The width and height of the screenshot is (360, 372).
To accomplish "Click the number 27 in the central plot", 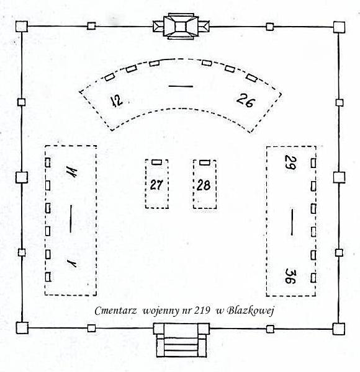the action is point(156,185).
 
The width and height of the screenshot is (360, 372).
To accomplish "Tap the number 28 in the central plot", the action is point(204,185).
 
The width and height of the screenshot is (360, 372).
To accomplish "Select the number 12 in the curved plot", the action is point(117,101).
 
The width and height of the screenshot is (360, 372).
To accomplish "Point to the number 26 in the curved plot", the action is point(246,100).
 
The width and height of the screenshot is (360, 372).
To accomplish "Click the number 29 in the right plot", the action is point(290,162).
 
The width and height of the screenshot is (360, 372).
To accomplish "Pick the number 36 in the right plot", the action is point(290,276).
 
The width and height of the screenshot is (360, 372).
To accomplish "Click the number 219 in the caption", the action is point(202,310).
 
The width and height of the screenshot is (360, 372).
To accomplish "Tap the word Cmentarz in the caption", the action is point(115,311).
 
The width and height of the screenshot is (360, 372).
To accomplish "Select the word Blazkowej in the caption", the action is point(251,311).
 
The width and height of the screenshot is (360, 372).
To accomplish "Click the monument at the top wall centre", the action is point(181,26).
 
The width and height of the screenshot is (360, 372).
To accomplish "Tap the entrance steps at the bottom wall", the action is point(181,340).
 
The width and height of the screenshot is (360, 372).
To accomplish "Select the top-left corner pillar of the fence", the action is point(22,26).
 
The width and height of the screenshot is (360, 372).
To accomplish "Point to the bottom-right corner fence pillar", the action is point(338,329).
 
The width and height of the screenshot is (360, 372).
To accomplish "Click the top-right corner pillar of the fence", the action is point(339,27).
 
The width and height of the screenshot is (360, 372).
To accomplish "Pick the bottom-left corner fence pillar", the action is point(22,328).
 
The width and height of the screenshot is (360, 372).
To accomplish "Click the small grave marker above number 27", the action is point(157,162).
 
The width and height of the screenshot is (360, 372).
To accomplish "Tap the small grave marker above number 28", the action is point(205,162).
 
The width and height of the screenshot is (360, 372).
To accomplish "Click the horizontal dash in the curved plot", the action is point(181,86).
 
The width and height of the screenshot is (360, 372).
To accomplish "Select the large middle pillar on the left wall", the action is point(22,177).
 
